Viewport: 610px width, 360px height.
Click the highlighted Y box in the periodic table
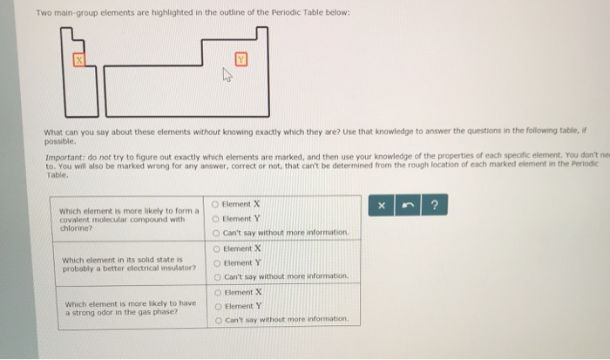(241, 59)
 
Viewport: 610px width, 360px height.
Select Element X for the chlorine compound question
(217, 204)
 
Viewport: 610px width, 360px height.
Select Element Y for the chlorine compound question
(217, 219)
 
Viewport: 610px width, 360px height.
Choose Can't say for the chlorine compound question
(217, 233)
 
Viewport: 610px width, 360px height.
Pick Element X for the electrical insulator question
(217, 248)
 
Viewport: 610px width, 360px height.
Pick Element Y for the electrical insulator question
(217, 262)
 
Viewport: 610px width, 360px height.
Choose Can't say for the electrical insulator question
(217, 276)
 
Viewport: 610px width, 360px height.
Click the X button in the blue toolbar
(381, 206)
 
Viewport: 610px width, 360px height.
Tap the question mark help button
(434, 206)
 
